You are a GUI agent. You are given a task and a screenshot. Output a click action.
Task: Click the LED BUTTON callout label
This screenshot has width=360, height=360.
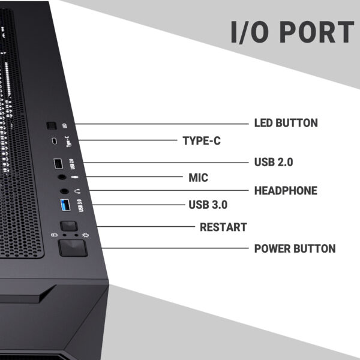(286, 123)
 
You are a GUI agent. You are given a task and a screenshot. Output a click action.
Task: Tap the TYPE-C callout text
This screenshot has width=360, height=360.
(201, 140)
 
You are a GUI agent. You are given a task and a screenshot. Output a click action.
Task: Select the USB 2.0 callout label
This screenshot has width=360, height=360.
(281, 162)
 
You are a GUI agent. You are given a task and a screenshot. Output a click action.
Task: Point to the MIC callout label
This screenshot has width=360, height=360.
(198, 178)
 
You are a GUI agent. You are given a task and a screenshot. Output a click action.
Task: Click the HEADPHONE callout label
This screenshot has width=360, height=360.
(286, 191)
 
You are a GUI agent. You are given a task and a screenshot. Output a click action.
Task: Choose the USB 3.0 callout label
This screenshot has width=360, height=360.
(208, 205)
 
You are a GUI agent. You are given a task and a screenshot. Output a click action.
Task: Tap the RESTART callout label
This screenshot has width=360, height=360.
(223, 227)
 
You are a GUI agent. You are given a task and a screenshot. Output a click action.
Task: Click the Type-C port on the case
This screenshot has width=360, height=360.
(54, 142)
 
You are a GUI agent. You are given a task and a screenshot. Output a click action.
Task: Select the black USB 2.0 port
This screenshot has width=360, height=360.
(58, 163)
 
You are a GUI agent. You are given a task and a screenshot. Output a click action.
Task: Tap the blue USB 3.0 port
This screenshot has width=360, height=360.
(65, 207)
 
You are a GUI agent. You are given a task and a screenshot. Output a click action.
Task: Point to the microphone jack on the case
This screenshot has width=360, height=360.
(62, 178)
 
